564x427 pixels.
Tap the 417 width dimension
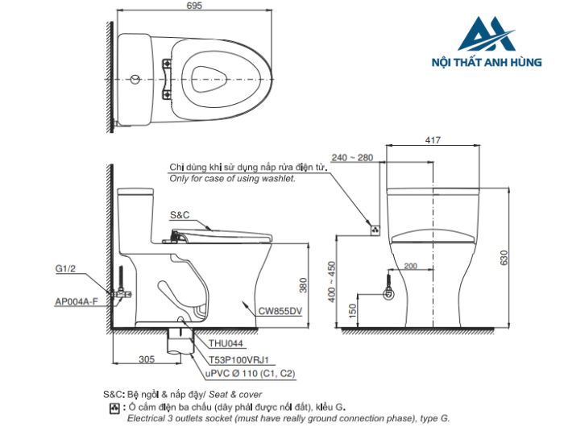coord(433,141)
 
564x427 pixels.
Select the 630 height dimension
coord(504,258)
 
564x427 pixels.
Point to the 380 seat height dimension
coord(304,285)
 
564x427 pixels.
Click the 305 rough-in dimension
coord(147,359)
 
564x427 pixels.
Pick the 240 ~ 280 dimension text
coord(352,158)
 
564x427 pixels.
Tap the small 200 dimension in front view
coord(410,267)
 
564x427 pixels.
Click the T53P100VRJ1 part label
coord(238,359)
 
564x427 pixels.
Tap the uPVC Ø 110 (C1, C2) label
coord(251,374)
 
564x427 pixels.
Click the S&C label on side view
coord(180,215)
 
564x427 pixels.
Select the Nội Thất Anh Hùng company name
coord(498,63)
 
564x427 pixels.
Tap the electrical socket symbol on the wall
coord(374,230)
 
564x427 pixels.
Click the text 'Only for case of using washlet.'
coord(232,178)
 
